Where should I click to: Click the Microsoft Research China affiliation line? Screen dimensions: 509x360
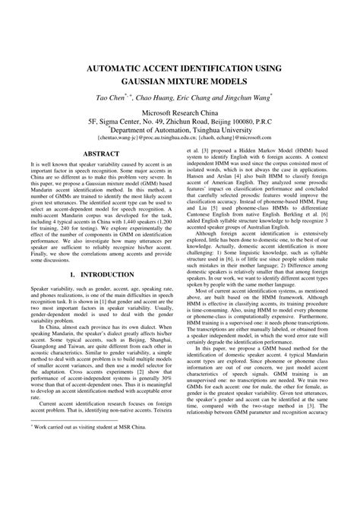(180, 112)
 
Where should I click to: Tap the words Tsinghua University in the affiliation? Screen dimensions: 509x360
(222, 130)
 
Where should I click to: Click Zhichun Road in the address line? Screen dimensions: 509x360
(170, 121)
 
